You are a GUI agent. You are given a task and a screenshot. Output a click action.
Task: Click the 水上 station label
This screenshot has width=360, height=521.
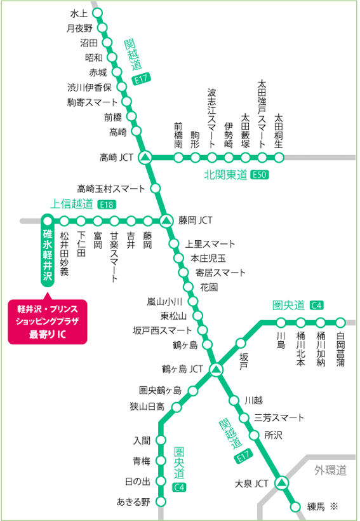pyautogui.click(x=80, y=12)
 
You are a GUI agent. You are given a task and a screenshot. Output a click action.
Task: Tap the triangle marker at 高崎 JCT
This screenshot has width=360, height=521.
pyautogui.click(x=145, y=157)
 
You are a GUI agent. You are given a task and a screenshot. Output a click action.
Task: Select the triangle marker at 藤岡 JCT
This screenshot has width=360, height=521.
pyautogui.click(x=165, y=220)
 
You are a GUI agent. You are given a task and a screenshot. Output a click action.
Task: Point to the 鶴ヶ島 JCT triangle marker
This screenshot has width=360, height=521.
pyautogui.click(x=216, y=369)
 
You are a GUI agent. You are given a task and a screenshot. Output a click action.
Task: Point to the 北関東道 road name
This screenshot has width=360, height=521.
pyautogui.click(x=225, y=175)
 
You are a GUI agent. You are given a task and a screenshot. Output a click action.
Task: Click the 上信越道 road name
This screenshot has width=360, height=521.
pyautogui.click(x=72, y=204)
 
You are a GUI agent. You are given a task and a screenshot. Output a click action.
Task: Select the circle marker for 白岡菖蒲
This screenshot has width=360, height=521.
pyautogui.click(x=340, y=321)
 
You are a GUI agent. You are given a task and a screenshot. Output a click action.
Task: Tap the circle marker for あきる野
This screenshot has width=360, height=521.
pyautogui.click(x=161, y=502)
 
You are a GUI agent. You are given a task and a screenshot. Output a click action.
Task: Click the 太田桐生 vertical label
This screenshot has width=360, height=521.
pyautogui.click(x=278, y=131)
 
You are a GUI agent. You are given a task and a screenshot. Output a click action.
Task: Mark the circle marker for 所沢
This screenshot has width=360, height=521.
pyautogui.click(x=254, y=436)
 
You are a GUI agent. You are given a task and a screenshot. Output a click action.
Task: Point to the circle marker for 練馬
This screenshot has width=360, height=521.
pyautogui.click(x=295, y=506)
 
